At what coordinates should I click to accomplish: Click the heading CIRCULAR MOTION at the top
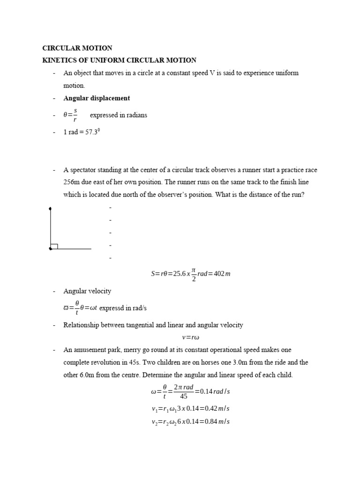click(x=77, y=48)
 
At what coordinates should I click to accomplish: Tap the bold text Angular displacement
click(x=97, y=98)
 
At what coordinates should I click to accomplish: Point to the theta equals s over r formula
click(x=70, y=115)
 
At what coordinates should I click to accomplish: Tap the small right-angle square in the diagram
click(x=54, y=246)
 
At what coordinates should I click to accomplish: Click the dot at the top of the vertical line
click(x=50, y=208)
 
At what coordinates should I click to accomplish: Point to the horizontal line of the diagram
click(x=73, y=249)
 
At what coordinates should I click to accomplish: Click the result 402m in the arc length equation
click(x=221, y=274)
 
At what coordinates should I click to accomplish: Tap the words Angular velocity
click(x=87, y=291)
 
